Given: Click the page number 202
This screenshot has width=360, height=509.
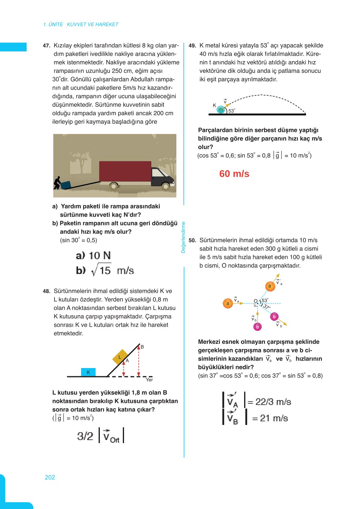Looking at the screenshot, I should click(50, 477).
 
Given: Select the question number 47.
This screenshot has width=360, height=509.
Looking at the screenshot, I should click(46, 46).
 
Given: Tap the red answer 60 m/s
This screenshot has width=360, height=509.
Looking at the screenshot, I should click(234, 174).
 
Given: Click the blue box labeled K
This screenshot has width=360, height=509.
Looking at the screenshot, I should click(88, 372).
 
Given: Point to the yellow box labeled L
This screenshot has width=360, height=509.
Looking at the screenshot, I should click(120, 357).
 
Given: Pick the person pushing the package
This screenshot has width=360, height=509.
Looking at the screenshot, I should click(57, 183).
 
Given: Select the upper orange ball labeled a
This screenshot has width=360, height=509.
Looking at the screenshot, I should click(270, 286).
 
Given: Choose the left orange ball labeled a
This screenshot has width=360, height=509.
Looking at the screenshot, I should click(228, 303).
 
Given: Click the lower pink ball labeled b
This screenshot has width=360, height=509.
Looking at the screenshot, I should click(257, 327).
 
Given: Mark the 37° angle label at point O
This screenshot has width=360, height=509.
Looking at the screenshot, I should click(266, 307).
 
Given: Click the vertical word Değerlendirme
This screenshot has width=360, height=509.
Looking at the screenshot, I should click(183, 237).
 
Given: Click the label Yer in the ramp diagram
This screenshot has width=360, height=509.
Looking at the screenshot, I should click(149, 380).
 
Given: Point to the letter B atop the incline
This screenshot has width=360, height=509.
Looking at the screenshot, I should click(142, 347).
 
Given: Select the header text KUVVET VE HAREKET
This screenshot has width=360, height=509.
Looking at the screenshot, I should click(92, 24).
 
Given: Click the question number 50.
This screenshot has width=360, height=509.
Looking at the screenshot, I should click(192, 240).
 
